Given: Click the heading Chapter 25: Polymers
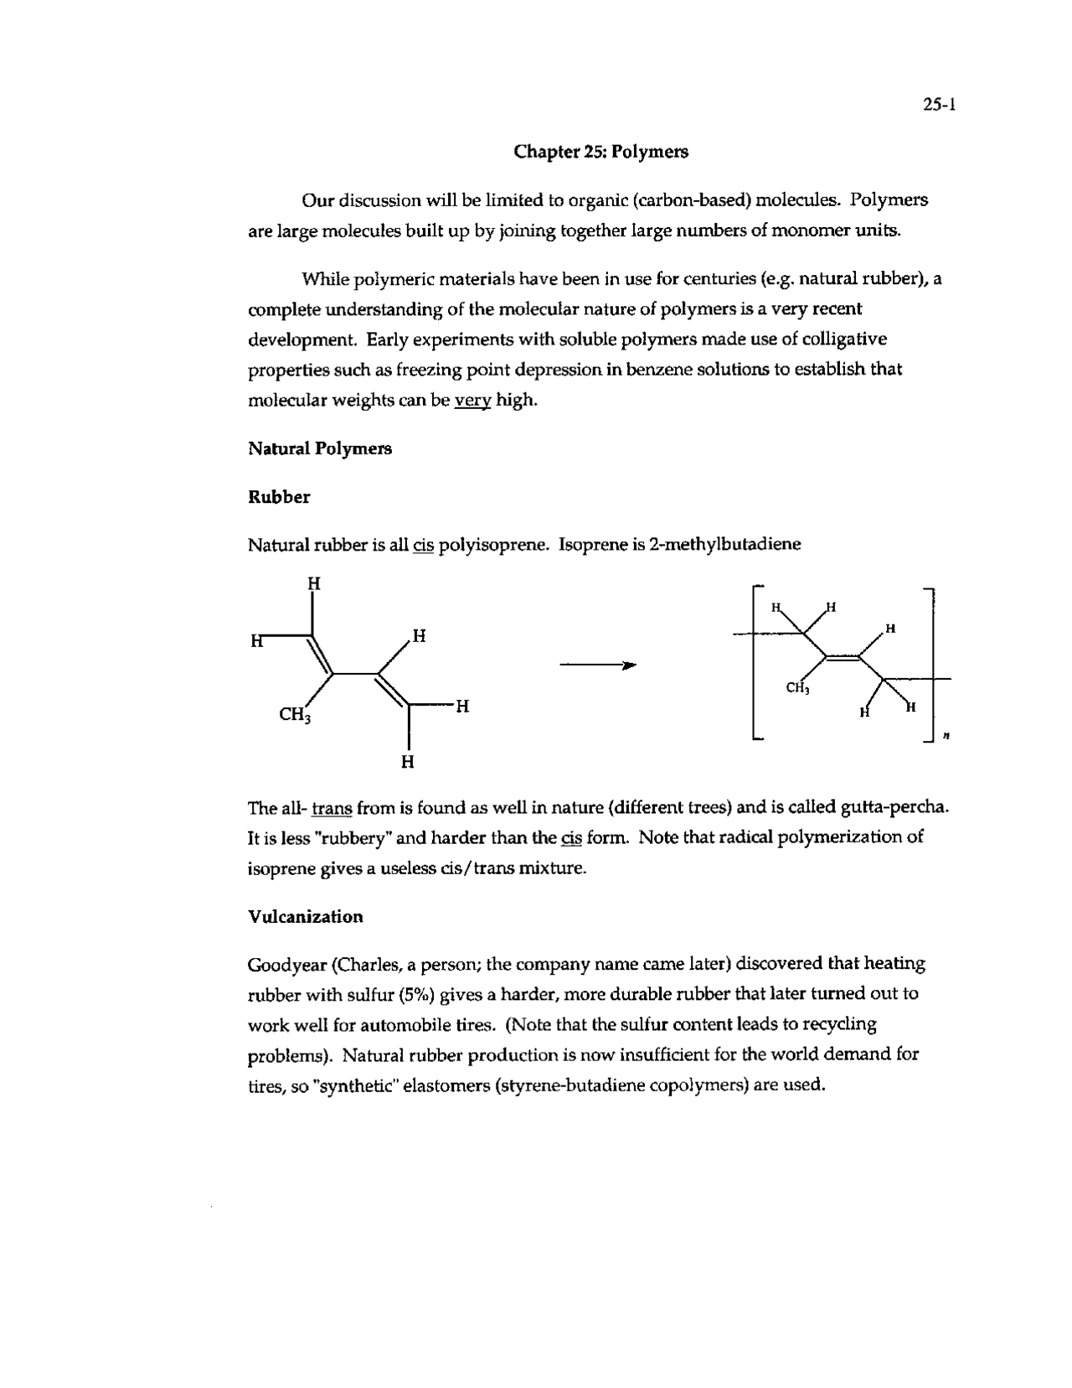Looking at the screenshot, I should tap(600, 152).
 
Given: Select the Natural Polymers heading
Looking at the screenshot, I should tap(320, 448).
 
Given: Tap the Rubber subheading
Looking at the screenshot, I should tap(279, 497).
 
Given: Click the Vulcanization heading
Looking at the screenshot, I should tap(306, 916).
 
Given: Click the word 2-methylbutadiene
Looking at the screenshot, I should tap(716, 544).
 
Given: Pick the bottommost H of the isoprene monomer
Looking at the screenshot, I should tap(407, 762).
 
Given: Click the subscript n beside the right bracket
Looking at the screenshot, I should tap(946, 737).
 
